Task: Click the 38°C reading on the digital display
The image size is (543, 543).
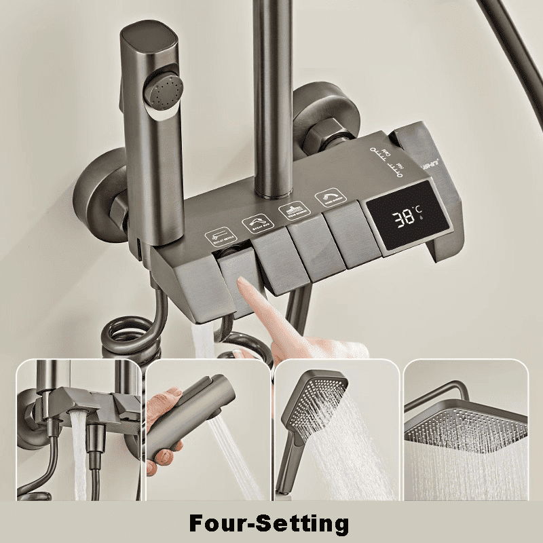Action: coord(407,217)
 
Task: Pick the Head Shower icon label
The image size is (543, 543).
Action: coord(290,211)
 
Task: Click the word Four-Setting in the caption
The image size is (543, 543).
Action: coord(269,523)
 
